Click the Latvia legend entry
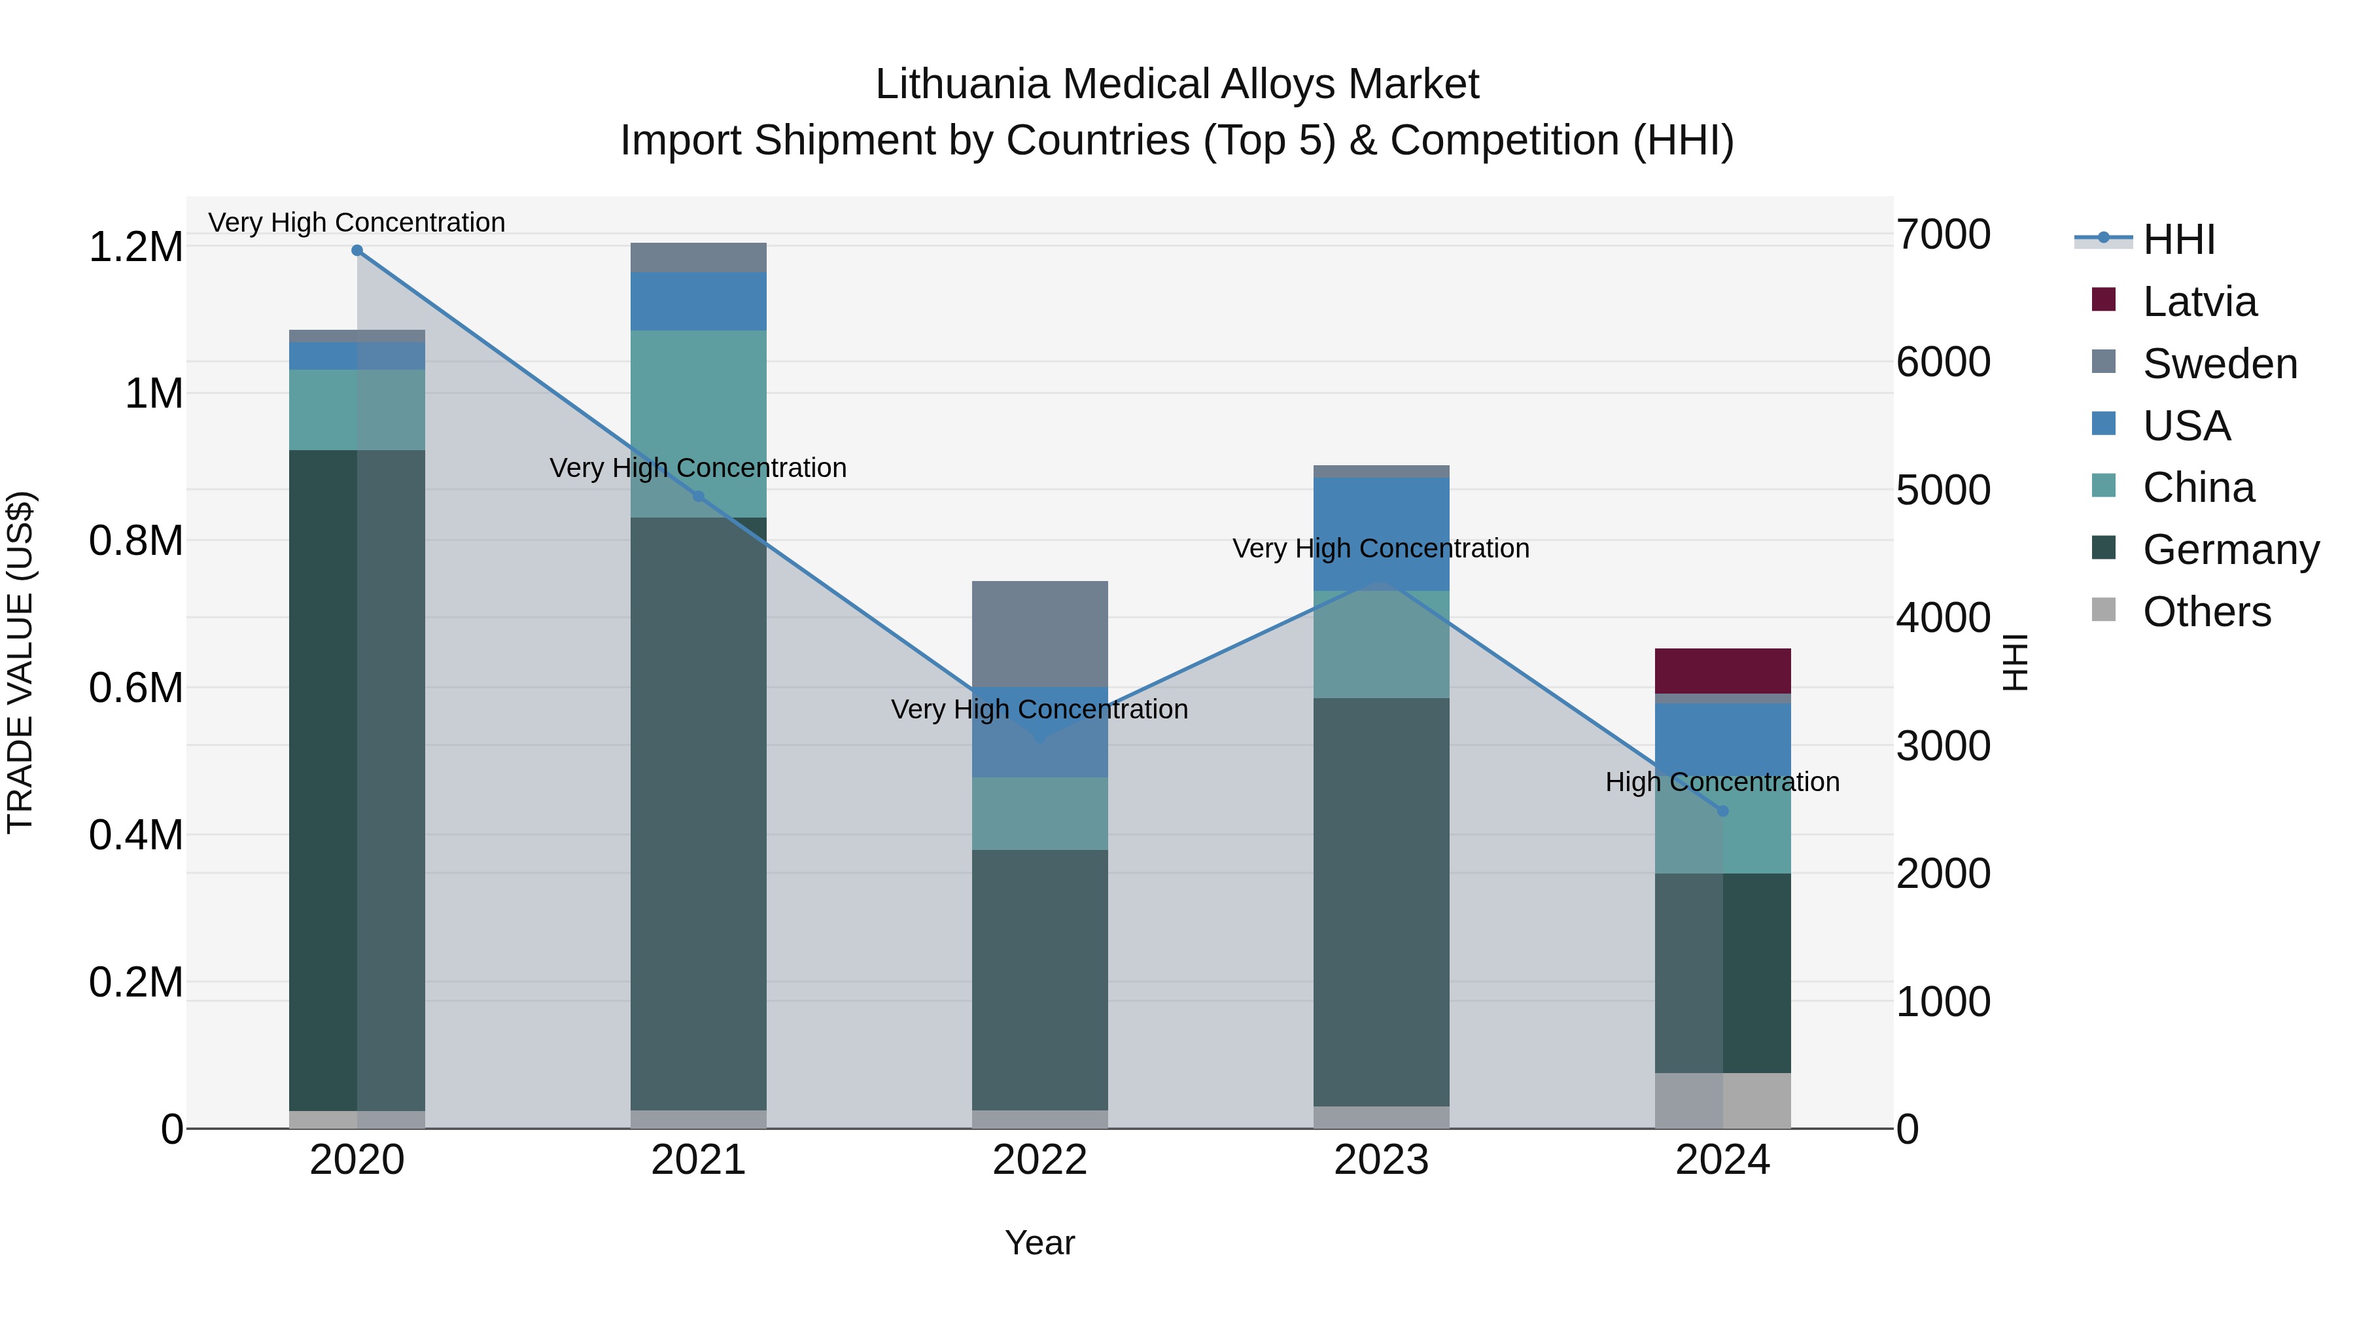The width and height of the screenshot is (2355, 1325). (x=2199, y=302)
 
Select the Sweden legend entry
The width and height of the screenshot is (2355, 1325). (x=2219, y=364)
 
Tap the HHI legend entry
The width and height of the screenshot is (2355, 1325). (x=2178, y=239)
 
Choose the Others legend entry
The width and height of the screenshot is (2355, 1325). (x=2206, y=612)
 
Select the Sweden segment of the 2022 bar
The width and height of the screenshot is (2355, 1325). (x=1039, y=633)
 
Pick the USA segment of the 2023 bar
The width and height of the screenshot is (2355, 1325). (x=1382, y=534)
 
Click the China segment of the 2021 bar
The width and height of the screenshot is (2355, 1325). (x=699, y=423)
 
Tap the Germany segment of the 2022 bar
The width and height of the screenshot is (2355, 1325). (x=1039, y=980)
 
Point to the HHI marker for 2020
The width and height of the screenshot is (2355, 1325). (x=357, y=251)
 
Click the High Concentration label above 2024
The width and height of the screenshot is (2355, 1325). (x=1722, y=783)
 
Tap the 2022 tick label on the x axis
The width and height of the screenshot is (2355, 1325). (x=1039, y=1160)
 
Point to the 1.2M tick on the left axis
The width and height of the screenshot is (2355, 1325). (x=135, y=248)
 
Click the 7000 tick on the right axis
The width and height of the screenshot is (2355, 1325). (x=1943, y=235)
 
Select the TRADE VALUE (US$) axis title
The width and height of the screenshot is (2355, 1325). (x=20, y=662)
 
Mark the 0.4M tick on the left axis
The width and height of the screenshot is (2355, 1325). (x=135, y=835)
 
